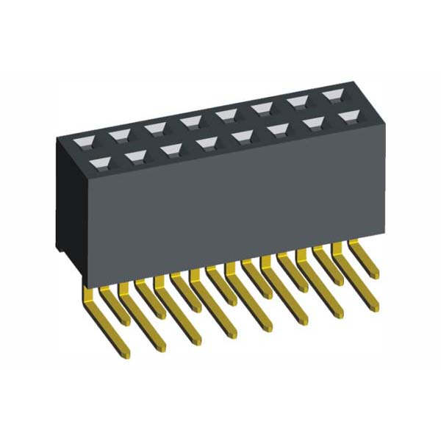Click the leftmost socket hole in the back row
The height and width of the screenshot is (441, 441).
[x=82, y=137]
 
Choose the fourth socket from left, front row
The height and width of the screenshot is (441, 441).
[x=207, y=143]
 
